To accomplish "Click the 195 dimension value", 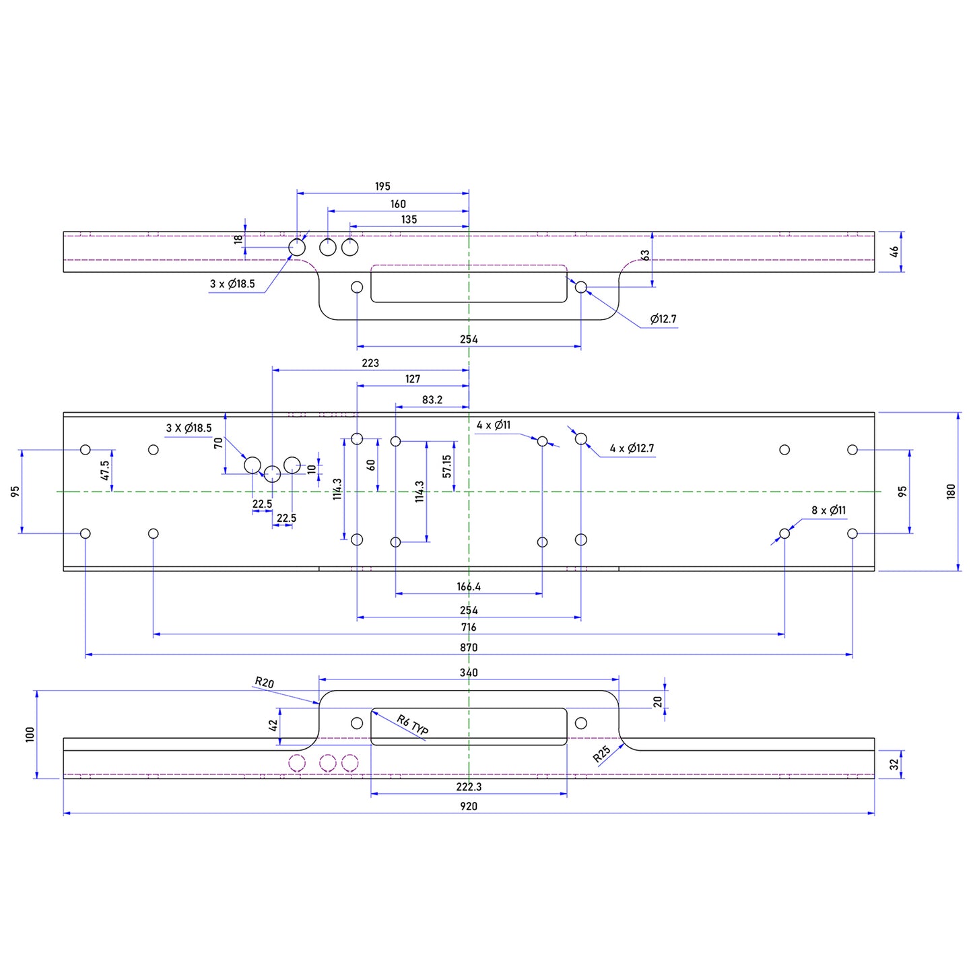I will pos(382,187).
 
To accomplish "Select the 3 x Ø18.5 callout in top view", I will pos(232,284).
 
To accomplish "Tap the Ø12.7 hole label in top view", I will pos(663,319).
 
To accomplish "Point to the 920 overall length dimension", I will pos(469,807).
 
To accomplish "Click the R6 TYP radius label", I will pos(413,726).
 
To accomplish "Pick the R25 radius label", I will pos(602,753).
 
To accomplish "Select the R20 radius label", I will pos(265,683).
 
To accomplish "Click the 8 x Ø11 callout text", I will pos(828,510).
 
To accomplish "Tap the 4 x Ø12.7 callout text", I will pos(632,448).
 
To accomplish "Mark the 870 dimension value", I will pos(469,648).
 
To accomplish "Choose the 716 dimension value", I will pos(469,628).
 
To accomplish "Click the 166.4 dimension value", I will pos(469,587).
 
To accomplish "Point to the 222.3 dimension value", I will pos(469,787).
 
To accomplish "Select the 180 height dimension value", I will pos(951,491).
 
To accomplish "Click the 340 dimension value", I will pos(469,673).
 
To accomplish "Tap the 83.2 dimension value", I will pos(432,400).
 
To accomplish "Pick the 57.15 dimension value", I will pos(447,467).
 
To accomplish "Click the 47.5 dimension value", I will pos(105,470).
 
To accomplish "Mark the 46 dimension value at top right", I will pos(894,251).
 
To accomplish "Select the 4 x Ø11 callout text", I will pos(494,426).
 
